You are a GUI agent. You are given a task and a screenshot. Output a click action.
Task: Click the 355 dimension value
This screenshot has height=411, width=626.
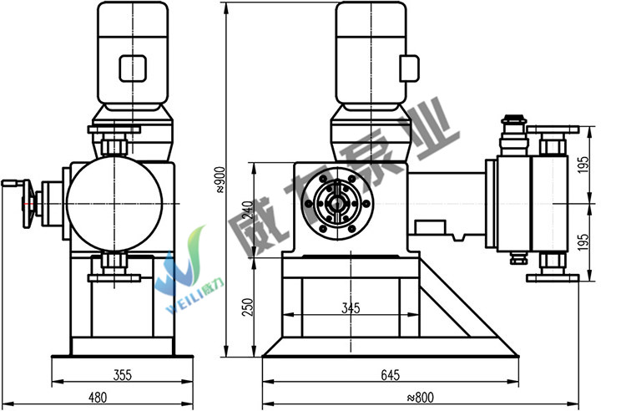122,375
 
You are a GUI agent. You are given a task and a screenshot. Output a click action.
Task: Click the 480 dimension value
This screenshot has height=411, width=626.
98,398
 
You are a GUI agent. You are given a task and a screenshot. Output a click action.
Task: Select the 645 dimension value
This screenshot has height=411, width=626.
390,375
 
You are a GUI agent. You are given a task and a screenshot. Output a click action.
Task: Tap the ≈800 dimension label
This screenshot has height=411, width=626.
420,398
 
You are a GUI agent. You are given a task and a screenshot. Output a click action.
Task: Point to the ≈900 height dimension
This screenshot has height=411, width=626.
220,180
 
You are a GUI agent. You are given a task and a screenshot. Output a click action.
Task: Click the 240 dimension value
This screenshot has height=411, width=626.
248,210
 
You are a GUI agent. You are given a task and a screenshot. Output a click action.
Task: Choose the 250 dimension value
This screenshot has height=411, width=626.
248,307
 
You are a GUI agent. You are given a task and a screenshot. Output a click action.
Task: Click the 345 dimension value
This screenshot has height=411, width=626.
351,308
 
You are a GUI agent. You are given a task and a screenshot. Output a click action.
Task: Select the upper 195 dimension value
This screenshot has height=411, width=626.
583,165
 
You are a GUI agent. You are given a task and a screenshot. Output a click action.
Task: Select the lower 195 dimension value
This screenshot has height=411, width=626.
583,242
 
